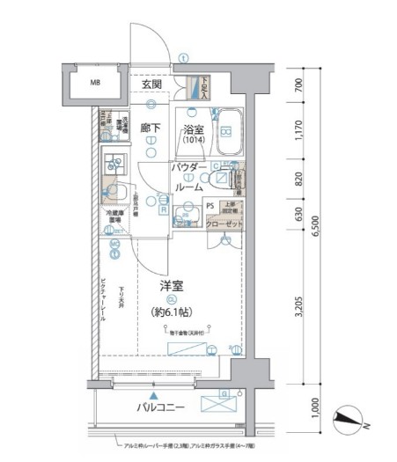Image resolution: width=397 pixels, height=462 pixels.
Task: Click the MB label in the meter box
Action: point(92,84)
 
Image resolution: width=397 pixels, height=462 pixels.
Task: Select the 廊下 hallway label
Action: point(151,128)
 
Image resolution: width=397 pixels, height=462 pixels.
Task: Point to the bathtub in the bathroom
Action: point(228,129)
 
